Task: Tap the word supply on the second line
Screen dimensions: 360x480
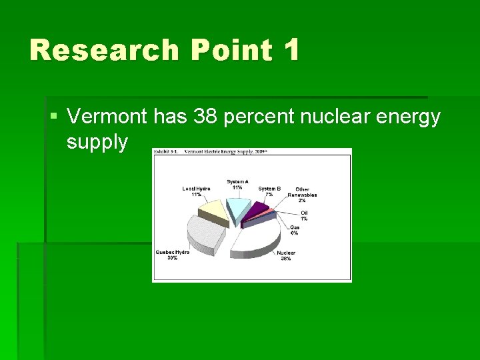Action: (x=97, y=141)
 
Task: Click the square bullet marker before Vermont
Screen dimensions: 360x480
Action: (x=54, y=118)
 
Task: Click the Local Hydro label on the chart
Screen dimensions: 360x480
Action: (x=196, y=191)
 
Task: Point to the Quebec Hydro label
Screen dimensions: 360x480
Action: (x=172, y=255)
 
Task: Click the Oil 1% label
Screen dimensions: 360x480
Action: (x=304, y=215)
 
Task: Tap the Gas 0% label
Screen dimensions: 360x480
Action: (x=294, y=230)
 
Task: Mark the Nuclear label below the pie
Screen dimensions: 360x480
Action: (x=286, y=255)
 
